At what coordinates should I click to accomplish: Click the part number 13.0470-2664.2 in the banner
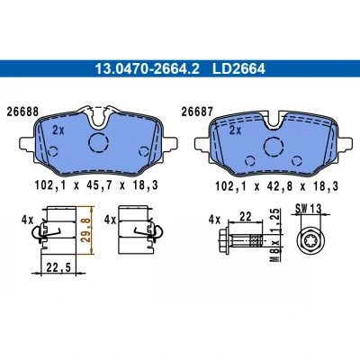coord(147,68)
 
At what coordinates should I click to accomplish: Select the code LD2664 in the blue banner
coord(238,68)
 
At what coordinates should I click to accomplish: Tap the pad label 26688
coord(22,112)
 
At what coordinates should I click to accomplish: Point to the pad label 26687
coord(197,112)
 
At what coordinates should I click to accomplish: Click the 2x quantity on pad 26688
coord(58,130)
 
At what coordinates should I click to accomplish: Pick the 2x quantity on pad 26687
coord(235,130)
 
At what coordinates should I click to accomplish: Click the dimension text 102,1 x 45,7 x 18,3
coord(96,185)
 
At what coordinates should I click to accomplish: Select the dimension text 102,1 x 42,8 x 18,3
coord(276,186)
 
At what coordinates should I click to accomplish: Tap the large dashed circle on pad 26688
coord(98,142)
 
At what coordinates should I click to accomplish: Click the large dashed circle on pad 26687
coord(274,147)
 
